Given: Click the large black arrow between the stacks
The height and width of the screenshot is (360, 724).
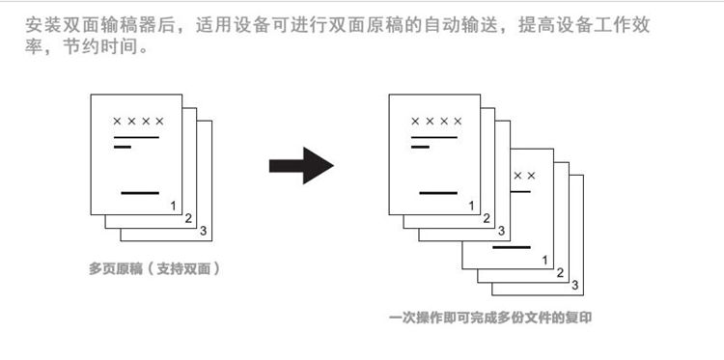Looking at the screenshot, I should [300, 165].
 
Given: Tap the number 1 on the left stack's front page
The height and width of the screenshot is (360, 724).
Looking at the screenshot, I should [172, 205].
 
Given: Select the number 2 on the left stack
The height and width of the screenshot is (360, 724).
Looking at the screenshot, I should [187, 218].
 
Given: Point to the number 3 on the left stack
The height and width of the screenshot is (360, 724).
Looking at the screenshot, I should [202, 232].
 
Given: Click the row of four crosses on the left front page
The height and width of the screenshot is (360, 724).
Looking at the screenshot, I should [138, 122].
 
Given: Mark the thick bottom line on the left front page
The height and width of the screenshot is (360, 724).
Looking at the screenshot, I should [140, 193].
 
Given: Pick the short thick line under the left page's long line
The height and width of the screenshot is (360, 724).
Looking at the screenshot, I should [123, 148].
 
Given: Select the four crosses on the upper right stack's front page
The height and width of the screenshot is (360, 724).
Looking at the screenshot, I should [436, 122].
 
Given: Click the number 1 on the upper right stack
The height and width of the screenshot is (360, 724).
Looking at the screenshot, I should [471, 205].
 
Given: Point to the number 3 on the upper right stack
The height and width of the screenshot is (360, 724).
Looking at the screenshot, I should [501, 231].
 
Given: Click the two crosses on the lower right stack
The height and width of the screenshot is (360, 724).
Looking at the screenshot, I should [524, 176].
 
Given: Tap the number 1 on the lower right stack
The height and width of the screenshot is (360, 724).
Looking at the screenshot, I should [544, 260].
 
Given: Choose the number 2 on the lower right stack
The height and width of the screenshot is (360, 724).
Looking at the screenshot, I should [560, 273].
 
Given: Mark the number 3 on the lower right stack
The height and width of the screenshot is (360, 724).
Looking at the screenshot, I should [574, 285].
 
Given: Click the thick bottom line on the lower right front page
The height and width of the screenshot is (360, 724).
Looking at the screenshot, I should [513, 248].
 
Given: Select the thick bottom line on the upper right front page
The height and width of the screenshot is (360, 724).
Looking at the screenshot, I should [438, 193].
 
